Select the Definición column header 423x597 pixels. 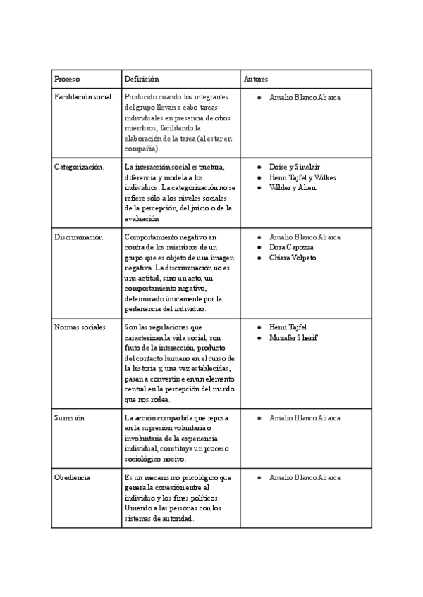(x=141, y=79)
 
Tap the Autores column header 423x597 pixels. (x=255, y=79)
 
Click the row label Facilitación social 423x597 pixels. (x=83, y=96)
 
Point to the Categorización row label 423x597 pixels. (x=78, y=167)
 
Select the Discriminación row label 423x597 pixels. (x=79, y=237)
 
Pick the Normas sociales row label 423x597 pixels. (x=80, y=327)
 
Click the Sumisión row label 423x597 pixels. (x=69, y=417)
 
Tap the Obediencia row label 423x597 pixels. (x=72, y=477)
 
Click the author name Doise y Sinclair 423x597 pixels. (x=294, y=167)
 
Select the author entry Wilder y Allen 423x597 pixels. (x=293, y=187)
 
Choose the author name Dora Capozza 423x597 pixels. (x=291, y=247)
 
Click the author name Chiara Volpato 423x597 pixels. (x=293, y=258)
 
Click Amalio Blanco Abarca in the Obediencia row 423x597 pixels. (x=305, y=477)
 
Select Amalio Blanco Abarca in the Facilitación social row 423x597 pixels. (x=305, y=96)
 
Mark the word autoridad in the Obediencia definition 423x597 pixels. (x=175, y=519)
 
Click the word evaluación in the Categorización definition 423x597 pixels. (x=141, y=219)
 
